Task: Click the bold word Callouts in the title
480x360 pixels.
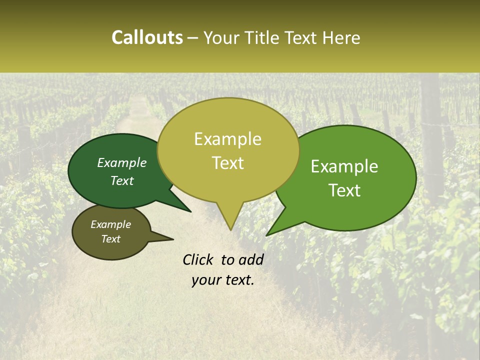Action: pyautogui.click(x=147, y=37)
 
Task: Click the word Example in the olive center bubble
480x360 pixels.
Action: pyautogui.click(x=227, y=139)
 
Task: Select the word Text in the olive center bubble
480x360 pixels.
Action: pyautogui.click(x=227, y=163)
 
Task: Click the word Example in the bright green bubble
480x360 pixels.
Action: pyautogui.click(x=344, y=166)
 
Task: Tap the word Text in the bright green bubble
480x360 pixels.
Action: pyautogui.click(x=344, y=190)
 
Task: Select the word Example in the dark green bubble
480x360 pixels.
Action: pyautogui.click(x=121, y=162)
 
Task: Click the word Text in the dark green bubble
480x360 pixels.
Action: pyautogui.click(x=121, y=180)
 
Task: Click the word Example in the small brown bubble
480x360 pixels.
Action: pyautogui.click(x=110, y=224)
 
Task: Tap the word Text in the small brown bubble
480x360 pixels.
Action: pyautogui.click(x=110, y=239)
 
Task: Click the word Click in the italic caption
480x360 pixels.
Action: pyautogui.click(x=198, y=259)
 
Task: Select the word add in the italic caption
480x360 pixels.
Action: pyautogui.click(x=250, y=259)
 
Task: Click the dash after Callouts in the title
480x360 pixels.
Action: pyautogui.click(x=193, y=38)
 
